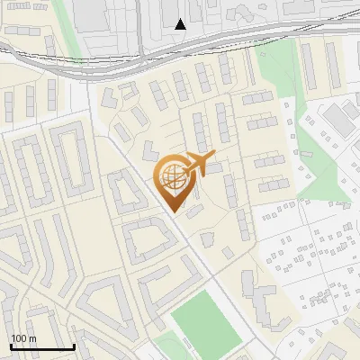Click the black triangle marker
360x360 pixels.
click(x=181, y=24)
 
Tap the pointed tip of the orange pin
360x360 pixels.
click(x=174, y=211)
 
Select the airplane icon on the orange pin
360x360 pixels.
click(x=200, y=165)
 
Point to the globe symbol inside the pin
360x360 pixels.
click(x=173, y=177)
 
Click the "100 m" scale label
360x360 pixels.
click(x=22, y=338)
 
